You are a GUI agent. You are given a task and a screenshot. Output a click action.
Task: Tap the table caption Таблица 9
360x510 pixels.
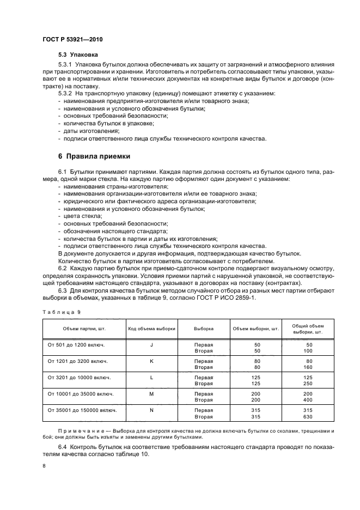[61, 312]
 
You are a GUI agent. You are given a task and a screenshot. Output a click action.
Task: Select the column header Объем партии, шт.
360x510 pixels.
[79, 329]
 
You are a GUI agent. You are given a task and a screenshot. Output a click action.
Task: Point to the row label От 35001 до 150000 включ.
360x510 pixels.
[82, 410]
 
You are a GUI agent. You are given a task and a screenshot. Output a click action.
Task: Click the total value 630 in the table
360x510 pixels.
[308, 416]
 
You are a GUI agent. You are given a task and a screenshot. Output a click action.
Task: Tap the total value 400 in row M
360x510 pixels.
[308, 400]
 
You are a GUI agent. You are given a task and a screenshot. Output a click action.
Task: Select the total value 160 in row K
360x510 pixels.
[308, 367]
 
